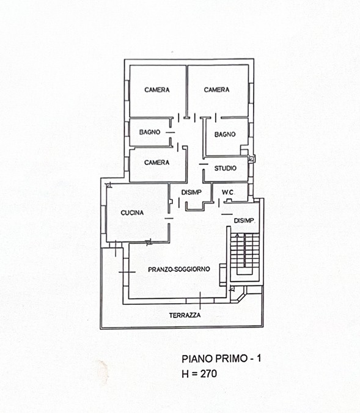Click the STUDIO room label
point(226,168)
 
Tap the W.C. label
point(228,192)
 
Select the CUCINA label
point(132,213)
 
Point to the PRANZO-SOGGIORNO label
point(179,269)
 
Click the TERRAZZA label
point(185,315)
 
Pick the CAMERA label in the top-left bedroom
point(157,90)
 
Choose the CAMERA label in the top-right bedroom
point(216,90)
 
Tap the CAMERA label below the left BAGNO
point(157,163)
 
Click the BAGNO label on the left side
point(150,132)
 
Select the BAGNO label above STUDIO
point(225,134)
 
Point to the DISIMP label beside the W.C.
point(191,192)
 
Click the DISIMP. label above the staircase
point(244,221)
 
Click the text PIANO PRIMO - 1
point(221,359)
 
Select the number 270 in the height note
point(208,373)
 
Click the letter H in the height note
point(185,373)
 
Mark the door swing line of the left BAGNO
point(171,133)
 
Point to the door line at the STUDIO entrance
point(204,164)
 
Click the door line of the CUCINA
point(169,218)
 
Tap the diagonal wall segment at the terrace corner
point(240,298)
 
